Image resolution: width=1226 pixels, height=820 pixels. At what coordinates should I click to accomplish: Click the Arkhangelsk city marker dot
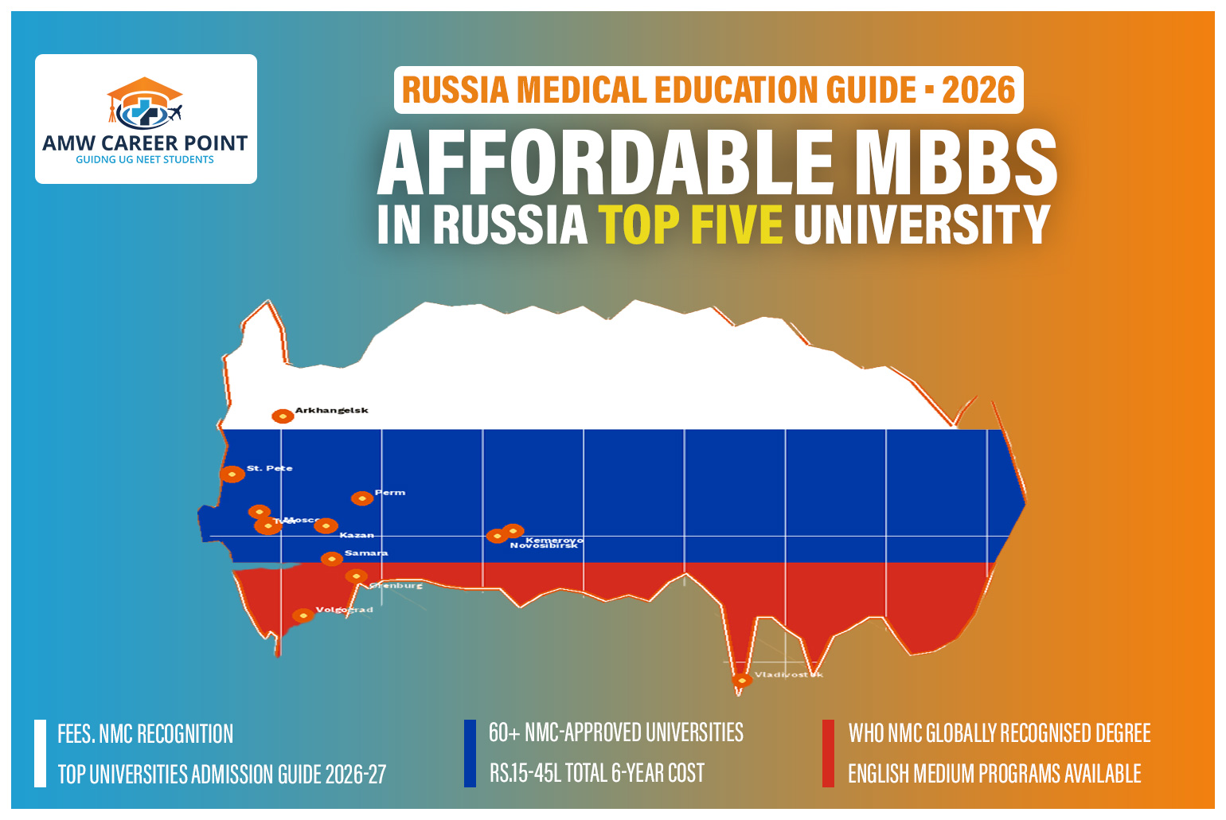click(x=283, y=416)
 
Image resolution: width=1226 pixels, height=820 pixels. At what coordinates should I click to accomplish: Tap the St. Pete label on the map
click(x=269, y=468)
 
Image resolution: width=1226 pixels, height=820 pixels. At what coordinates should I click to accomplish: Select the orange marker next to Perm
click(x=362, y=498)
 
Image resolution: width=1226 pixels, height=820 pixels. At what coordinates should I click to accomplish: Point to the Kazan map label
click(x=356, y=535)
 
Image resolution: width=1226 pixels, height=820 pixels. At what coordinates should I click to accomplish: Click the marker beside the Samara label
click(x=332, y=559)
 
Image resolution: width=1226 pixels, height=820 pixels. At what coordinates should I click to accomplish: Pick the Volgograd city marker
click(x=303, y=615)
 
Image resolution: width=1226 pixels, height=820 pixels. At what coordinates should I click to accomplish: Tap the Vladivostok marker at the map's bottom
click(x=741, y=681)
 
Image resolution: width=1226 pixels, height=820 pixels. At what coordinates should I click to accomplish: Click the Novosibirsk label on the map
click(x=544, y=546)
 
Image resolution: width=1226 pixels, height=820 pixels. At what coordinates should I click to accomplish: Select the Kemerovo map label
click(x=554, y=540)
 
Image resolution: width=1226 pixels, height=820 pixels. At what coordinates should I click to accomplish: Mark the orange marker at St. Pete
click(x=232, y=474)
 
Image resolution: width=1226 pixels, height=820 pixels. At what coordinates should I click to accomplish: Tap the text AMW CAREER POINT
click(x=145, y=143)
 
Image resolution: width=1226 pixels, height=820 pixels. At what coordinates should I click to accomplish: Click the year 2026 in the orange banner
click(x=978, y=90)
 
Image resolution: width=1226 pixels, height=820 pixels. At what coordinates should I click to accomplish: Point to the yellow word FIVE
click(x=736, y=225)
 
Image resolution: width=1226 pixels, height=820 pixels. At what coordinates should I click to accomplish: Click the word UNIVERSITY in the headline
click(x=922, y=225)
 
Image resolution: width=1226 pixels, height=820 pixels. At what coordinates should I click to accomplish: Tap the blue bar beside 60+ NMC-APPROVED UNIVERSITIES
click(x=470, y=753)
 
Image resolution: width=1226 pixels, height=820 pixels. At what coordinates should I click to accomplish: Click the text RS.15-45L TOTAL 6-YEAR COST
click(x=596, y=773)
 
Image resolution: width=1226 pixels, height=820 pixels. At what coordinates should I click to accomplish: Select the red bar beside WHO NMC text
click(x=828, y=753)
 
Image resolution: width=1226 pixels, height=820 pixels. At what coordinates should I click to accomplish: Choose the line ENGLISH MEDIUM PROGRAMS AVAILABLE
click(x=994, y=774)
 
